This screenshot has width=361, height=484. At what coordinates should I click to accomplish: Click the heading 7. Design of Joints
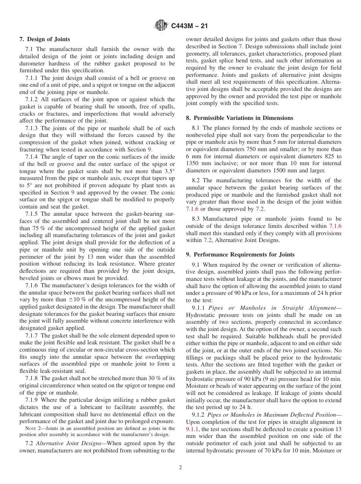45,39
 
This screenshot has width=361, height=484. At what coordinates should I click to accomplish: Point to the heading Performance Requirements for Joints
244,254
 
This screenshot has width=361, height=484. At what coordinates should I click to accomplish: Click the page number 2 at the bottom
180,468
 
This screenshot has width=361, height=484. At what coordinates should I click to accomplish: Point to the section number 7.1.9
32,400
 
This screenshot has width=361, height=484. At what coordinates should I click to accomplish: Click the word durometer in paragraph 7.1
32,64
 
